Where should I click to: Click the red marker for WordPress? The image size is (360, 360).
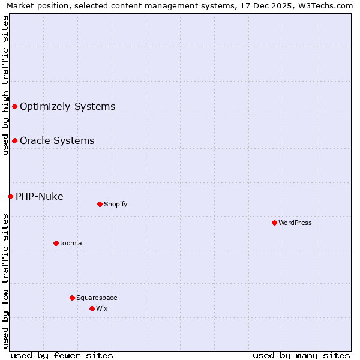tap(274, 223)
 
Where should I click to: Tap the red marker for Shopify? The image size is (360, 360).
tap(100, 204)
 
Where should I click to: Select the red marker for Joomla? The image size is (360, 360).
tap(56, 243)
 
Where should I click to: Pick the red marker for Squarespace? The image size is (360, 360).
tap(72, 298)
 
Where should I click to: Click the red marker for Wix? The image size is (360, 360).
tap(92, 308)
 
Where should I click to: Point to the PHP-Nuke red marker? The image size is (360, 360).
tap(10, 196)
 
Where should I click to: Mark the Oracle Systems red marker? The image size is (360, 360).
tap(14, 140)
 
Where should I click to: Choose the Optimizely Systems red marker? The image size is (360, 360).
tap(14, 106)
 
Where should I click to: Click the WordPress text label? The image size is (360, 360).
tap(295, 223)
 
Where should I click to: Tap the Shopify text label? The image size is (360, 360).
tap(116, 204)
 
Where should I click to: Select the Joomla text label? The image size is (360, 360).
tap(71, 243)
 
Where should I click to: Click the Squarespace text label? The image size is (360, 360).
tap(97, 298)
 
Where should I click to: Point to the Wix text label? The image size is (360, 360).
tap(102, 308)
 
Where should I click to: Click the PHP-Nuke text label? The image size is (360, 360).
tap(40, 196)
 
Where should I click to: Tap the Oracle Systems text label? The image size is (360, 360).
tap(57, 140)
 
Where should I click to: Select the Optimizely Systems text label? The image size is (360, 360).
tap(68, 106)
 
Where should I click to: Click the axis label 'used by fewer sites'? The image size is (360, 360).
tap(62, 355)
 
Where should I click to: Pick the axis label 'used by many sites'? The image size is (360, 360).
tap(301, 355)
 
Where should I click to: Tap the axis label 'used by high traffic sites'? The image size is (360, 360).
tap(6, 85)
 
